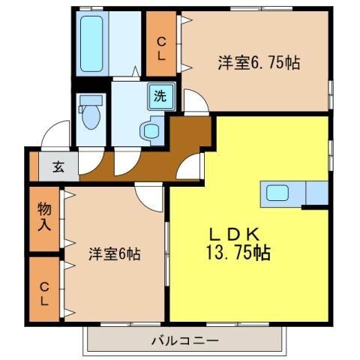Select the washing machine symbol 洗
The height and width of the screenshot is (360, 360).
160,95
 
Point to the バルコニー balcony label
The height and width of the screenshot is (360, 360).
184,341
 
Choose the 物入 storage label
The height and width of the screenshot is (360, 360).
44,216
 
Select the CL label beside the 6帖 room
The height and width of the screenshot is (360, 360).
44,292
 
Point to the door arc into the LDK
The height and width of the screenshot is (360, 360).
193,165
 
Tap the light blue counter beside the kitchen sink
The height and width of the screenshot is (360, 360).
316,193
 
